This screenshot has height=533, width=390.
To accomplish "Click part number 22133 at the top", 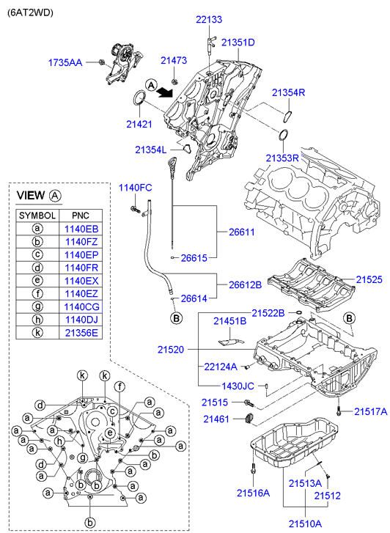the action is click(x=209, y=19).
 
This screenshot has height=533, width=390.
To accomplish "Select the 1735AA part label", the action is click(x=65, y=62).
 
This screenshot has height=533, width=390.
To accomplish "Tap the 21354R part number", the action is click(x=288, y=92).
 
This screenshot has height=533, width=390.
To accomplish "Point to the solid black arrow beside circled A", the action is click(x=165, y=91).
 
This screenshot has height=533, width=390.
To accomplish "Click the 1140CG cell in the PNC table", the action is click(x=81, y=307).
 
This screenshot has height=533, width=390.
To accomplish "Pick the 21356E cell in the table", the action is click(x=81, y=333).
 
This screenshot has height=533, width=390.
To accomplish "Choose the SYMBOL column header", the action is click(x=37, y=216).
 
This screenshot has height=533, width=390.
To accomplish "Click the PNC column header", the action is click(x=81, y=216).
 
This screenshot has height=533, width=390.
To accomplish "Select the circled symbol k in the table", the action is click(x=37, y=333).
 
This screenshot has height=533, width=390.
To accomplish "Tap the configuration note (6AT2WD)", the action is click(x=30, y=12).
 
